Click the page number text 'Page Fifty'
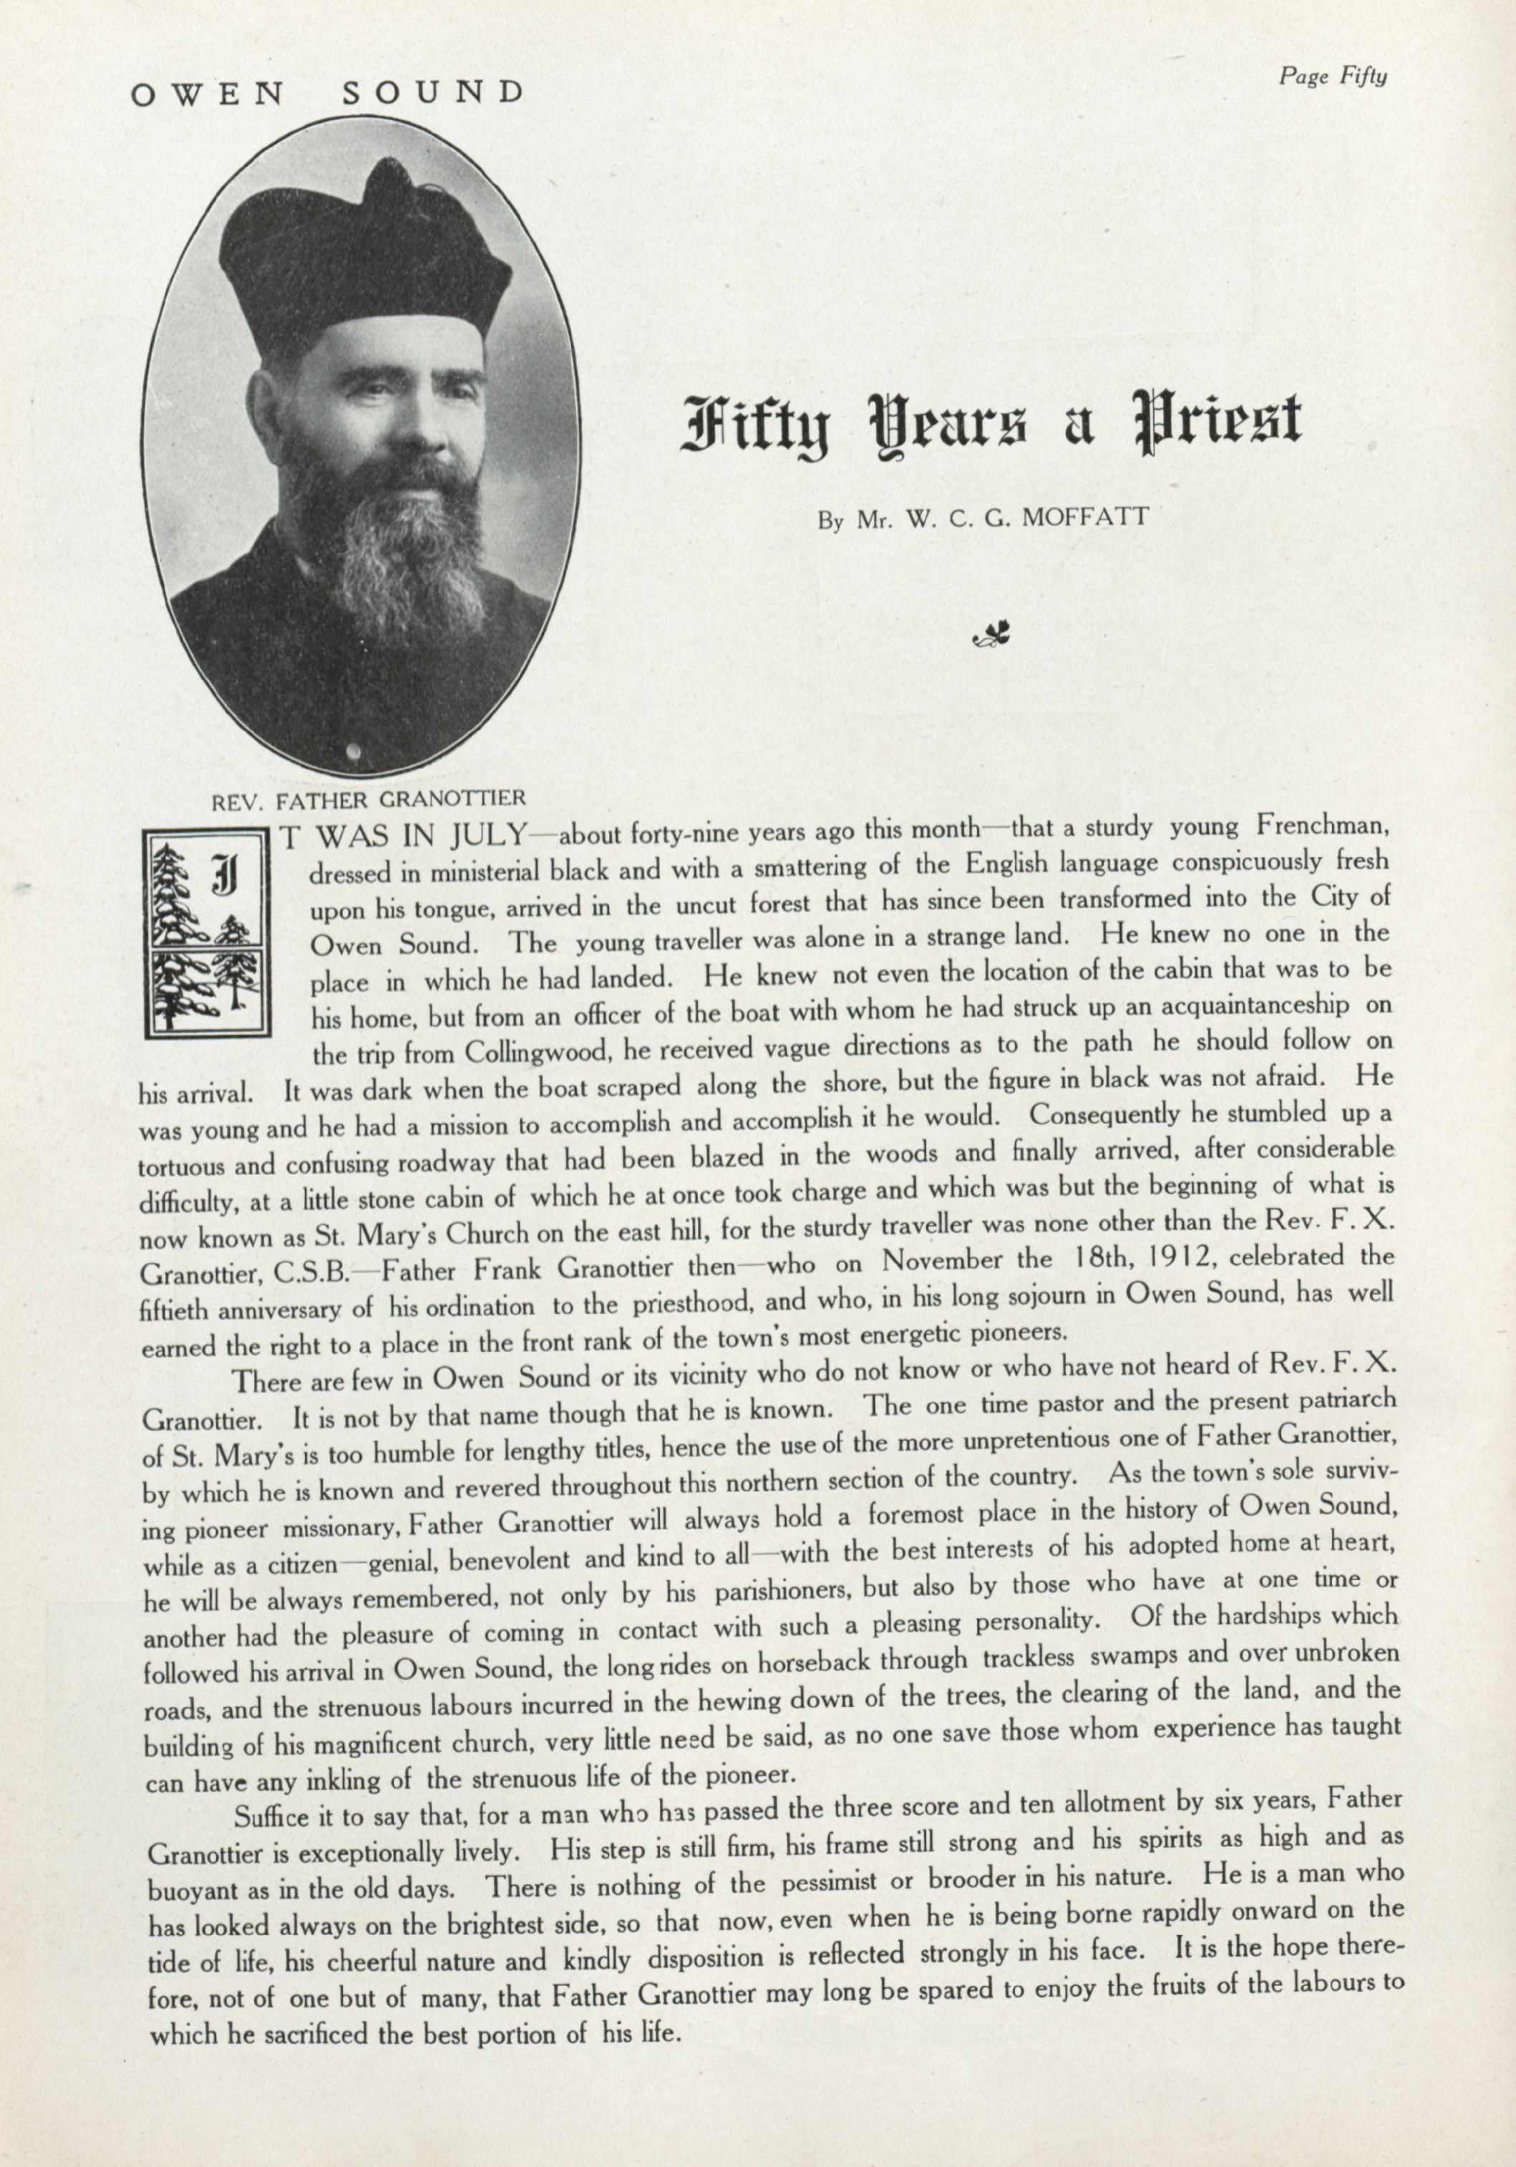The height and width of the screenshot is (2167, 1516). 1332,77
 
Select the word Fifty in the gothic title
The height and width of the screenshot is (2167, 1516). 754,424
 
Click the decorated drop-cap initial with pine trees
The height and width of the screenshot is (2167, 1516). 208,932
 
